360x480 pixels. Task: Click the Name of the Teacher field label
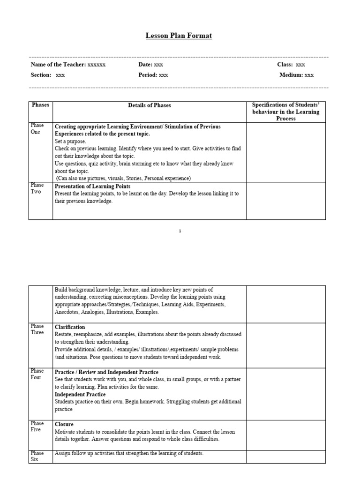(58, 65)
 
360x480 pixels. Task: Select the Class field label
(285, 65)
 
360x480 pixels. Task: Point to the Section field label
(41, 75)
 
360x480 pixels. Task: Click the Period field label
(148, 75)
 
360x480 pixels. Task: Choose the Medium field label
(291, 75)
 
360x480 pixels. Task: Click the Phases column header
(40, 105)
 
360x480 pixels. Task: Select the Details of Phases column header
(150, 105)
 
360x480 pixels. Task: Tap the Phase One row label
(37, 128)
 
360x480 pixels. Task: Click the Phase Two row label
(37, 188)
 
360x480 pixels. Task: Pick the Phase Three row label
(37, 330)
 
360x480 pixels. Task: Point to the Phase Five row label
(37, 427)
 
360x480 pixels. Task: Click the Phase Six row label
(37, 457)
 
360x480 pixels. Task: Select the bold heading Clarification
(70, 327)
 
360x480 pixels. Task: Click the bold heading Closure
(64, 424)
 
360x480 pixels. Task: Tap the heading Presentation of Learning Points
(92, 187)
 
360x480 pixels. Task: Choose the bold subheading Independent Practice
(80, 395)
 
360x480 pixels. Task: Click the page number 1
(180, 231)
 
